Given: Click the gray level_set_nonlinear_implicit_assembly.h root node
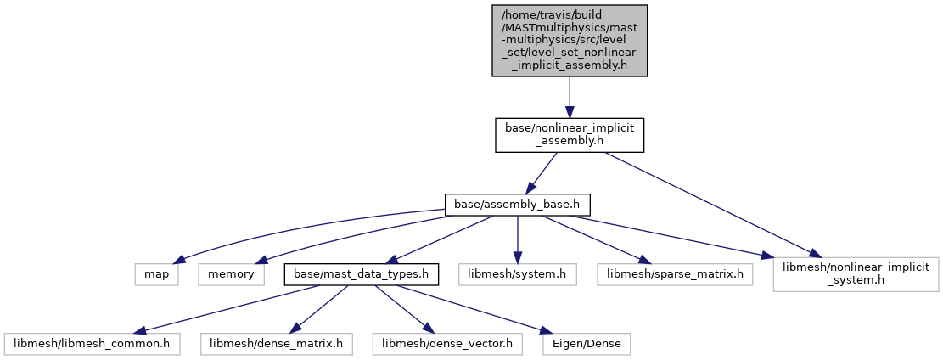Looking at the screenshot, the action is point(570,41).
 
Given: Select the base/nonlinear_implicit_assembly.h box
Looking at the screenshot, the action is point(570,134).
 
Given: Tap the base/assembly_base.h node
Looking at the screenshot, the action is point(517,205).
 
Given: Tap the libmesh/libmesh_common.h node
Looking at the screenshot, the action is point(87,344).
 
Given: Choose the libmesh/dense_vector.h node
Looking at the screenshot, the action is point(447,344).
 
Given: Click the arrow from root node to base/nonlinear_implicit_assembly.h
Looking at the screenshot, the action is point(570,97).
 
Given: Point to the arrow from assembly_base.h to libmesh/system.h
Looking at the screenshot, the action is point(517,239).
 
